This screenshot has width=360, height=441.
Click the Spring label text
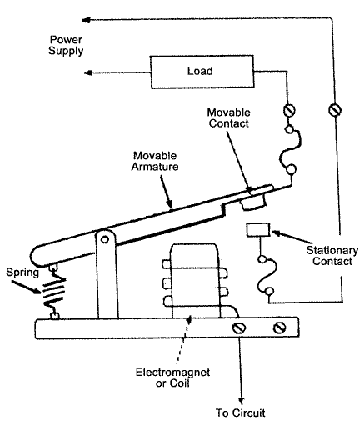pos(23,270)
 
